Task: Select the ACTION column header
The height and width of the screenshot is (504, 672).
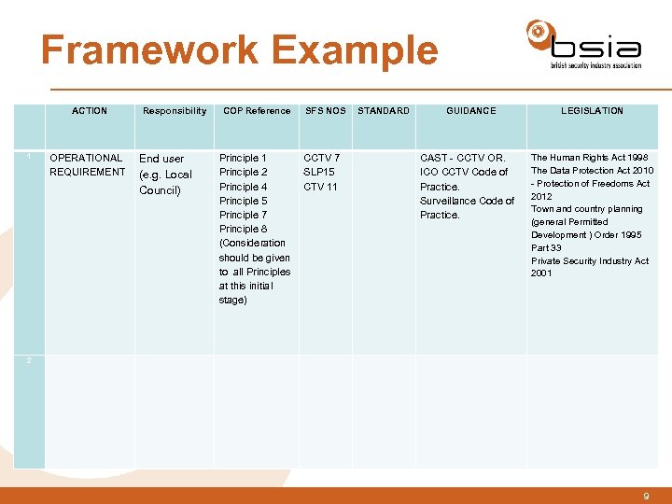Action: click(x=90, y=111)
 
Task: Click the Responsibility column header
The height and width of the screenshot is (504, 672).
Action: click(x=175, y=111)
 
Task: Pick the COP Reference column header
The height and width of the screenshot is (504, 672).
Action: click(x=256, y=111)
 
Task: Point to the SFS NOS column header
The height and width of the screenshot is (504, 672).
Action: click(x=326, y=111)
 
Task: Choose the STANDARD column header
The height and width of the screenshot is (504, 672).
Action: click(x=384, y=111)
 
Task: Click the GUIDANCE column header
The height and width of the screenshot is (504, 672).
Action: click(x=471, y=111)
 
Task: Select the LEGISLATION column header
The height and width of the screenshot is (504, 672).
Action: click(x=592, y=111)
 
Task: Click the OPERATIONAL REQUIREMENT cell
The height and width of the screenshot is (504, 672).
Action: click(x=87, y=165)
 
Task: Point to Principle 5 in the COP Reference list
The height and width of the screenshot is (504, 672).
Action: click(x=243, y=201)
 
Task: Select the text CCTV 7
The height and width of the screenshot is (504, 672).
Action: click(x=322, y=158)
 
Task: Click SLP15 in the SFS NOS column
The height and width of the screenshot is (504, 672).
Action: click(x=320, y=172)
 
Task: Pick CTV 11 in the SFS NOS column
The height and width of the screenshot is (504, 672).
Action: click(x=321, y=187)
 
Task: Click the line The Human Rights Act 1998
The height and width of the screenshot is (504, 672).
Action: click(x=589, y=158)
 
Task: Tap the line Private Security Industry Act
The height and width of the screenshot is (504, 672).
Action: click(x=590, y=261)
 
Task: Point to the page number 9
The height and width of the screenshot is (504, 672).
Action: click(x=646, y=497)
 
